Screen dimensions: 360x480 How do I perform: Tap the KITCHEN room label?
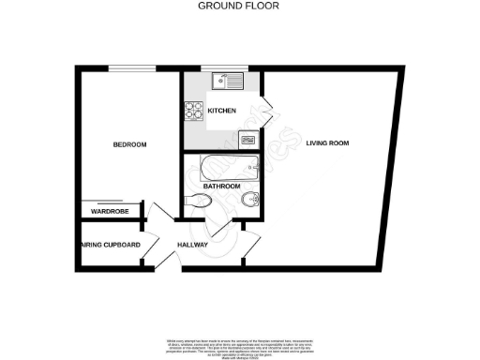tap(221, 112)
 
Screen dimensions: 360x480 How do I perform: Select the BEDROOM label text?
tap(129, 144)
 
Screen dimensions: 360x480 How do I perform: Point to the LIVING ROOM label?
tap(327, 143)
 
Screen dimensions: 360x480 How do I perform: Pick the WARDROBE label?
tap(109, 213)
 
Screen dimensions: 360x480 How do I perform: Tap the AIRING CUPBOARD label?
tap(108, 246)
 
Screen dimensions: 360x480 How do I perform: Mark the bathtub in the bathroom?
tap(228, 170)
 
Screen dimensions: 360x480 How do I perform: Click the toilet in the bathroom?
tap(198, 201)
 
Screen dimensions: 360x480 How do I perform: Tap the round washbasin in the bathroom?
tap(247, 201)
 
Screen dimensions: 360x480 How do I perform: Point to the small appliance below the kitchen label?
tap(247, 141)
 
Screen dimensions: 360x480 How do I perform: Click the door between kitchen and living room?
tap(267, 112)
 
